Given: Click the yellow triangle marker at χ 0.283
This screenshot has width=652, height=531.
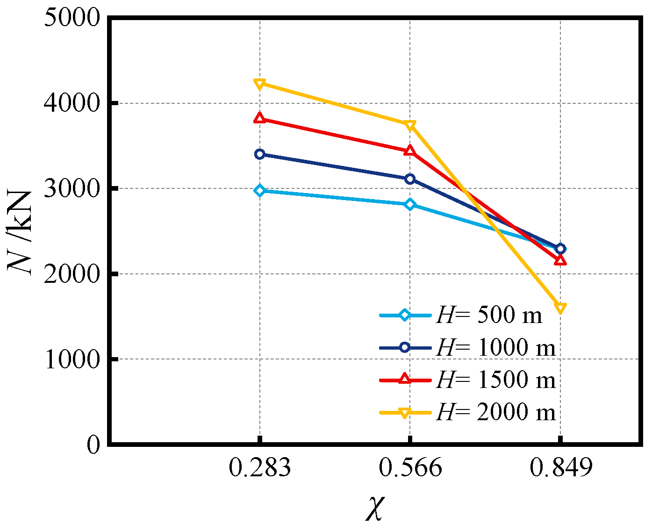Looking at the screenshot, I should [x=260, y=84].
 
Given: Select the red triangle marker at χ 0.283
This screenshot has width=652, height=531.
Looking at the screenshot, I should [x=260, y=118].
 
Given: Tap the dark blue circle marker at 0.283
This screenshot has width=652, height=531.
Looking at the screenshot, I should [x=260, y=154].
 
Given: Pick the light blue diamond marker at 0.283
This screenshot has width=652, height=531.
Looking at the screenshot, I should [x=260, y=190].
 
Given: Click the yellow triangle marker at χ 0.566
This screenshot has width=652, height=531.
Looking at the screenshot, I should [x=410, y=125].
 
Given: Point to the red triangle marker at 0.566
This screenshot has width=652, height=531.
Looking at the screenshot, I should [x=410, y=151].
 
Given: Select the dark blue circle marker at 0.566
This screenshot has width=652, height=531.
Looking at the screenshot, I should [x=410, y=179].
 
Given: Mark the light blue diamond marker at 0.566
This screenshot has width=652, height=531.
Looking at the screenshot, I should [x=410, y=204].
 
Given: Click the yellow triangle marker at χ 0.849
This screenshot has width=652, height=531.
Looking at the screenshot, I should [x=560, y=308].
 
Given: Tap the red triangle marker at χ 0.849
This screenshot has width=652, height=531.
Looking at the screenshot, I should [x=560, y=260].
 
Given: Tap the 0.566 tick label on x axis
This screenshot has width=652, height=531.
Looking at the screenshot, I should [x=410, y=468].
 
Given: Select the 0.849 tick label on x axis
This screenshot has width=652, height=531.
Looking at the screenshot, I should [x=560, y=468].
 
